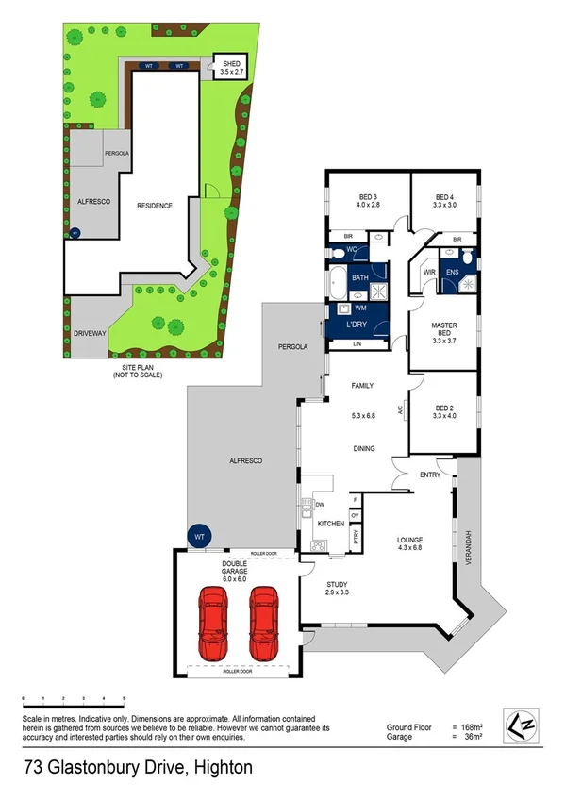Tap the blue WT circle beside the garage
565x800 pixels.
click(x=199, y=536)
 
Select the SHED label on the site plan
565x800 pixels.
click(x=231, y=64)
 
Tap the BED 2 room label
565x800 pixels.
click(x=444, y=408)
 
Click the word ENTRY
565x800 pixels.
click(x=430, y=475)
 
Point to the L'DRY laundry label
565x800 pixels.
click(x=357, y=325)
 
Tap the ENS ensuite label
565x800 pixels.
click(x=452, y=273)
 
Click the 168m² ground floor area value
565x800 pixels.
click(x=469, y=726)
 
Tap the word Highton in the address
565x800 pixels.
click(x=223, y=768)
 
